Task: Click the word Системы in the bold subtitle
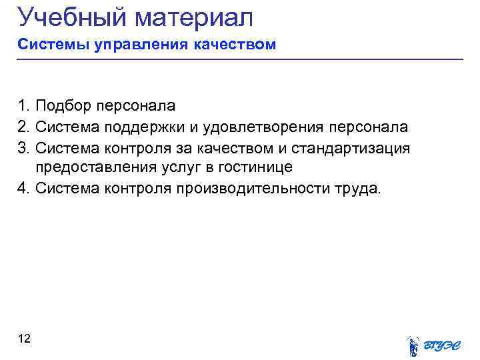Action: point(47,45)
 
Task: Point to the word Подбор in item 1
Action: point(63,105)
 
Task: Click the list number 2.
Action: point(24,126)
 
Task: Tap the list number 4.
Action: point(24,188)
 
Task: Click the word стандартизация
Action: point(353,147)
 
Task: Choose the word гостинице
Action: point(250,167)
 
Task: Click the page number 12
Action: point(25,339)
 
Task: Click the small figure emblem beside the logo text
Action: point(413,345)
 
